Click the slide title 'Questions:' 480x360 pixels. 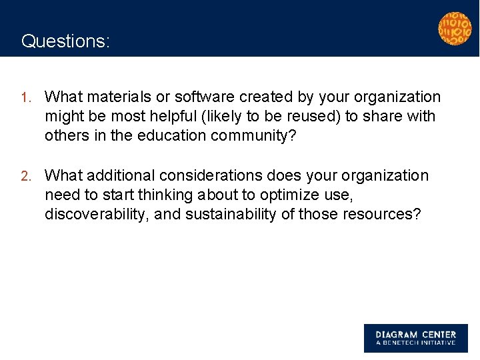65,41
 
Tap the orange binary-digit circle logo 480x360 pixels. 454,28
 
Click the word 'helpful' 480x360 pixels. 167,117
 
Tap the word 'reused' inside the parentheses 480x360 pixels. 312,117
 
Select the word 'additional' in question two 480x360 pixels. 117,176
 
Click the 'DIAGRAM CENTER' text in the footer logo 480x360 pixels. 415,335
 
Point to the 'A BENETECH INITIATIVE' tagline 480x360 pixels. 415,343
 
